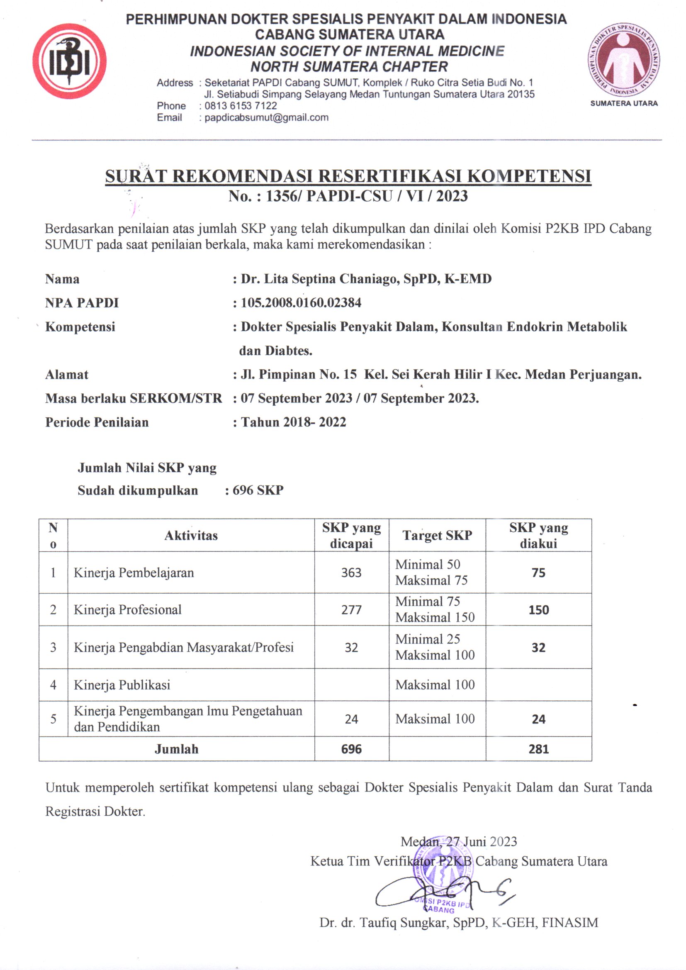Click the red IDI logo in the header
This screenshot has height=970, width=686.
coord(70,62)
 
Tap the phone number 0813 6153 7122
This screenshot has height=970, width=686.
coord(241,106)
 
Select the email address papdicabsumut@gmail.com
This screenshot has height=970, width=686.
coord(266,117)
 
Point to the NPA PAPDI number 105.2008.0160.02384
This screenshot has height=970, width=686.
coord(301,303)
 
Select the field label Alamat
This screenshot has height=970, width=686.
coord(67,375)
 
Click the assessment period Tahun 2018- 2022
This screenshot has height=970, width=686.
coord(293,422)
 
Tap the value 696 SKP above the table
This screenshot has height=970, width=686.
coord(258,490)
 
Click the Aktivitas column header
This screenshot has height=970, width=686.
coord(191,536)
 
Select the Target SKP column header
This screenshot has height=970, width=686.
coord(437,535)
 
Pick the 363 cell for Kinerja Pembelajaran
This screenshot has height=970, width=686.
coord(351,573)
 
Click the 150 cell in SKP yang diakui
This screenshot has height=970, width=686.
coord(538,609)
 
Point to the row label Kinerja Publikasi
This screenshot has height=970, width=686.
coord(122,685)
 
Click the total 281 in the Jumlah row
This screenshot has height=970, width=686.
coord(538,749)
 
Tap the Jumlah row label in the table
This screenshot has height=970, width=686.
coord(176,749)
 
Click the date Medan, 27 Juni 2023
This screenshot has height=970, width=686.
coord(458,841)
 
